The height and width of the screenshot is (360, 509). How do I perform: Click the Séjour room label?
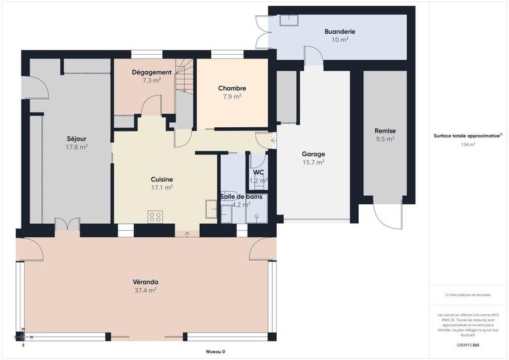pos(76,138)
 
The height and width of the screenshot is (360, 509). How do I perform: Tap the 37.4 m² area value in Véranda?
pos(146,290)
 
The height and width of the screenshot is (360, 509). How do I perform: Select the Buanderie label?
pos(339,31)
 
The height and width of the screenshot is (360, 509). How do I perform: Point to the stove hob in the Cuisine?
pos(155,217)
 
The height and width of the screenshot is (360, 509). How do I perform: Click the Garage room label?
pos(313,154)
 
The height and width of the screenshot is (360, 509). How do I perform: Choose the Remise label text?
pos(385,131)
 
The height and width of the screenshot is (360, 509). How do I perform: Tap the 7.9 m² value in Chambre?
pos(232,97)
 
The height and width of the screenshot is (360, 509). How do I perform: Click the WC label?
pos(258,172)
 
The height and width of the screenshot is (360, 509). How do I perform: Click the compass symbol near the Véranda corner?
pos(23,336)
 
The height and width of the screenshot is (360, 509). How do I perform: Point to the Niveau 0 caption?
pos(215,352)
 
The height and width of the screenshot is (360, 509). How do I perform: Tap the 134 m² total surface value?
pos(469,144)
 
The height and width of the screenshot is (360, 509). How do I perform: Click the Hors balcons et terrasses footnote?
pos(469,294)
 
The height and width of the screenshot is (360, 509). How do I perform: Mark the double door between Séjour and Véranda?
pos(67,224)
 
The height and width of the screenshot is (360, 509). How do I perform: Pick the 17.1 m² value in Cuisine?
pos(162,188)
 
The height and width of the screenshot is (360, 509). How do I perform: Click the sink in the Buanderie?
pos(291,18)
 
